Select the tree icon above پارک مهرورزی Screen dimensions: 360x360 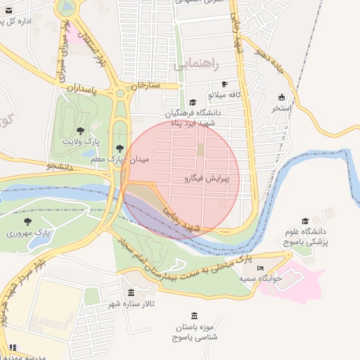point(27,221)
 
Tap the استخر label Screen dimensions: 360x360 point(281,109)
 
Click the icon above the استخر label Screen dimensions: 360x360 point(282,97)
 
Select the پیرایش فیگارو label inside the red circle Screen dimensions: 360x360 point(210,179)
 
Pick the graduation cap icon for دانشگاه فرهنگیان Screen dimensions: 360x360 point(193,102)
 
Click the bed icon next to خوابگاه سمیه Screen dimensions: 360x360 point(260,268)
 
